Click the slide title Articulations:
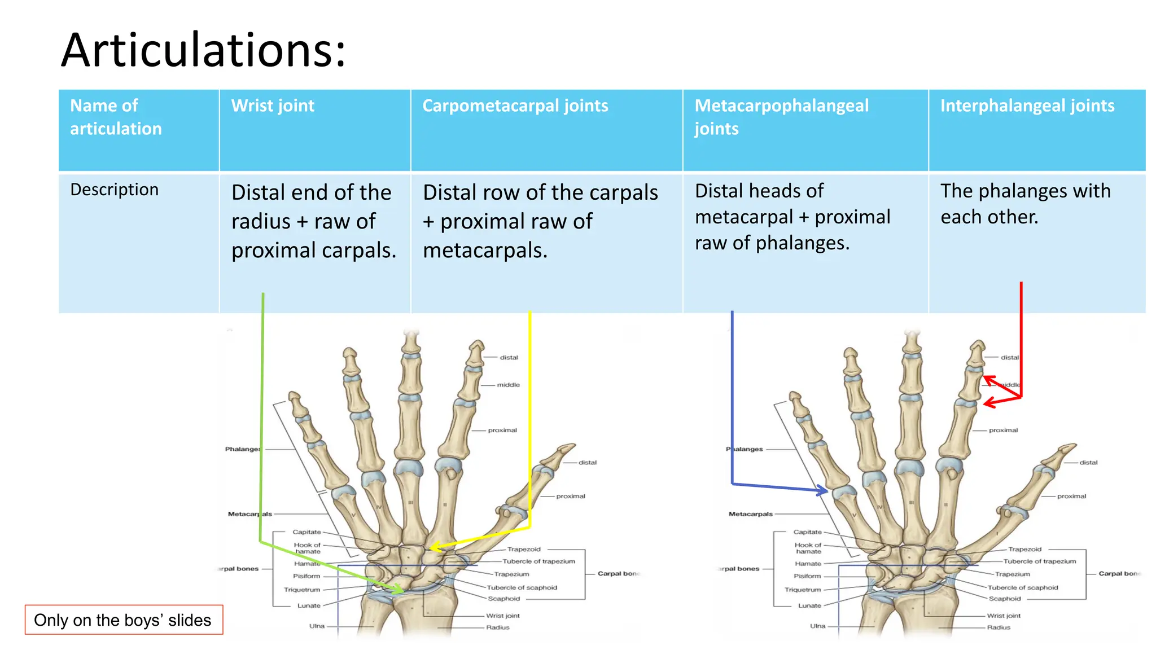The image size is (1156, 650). tap(203, 51)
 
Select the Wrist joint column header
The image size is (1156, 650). tap(273, 106)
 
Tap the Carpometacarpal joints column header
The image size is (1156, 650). tap(515, 106)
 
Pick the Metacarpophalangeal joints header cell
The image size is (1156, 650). tap(781, 117)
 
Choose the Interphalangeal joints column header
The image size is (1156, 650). tap(1027, 106)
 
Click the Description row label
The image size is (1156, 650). tap(114, 190)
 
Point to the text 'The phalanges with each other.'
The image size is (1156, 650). tap(1025, 204)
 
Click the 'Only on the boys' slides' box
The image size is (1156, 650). tap(123, 620)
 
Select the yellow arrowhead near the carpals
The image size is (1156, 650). tap(433, 547)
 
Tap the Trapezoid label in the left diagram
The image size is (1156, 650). tap(523, 549)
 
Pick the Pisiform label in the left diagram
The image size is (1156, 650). tap(306, 576)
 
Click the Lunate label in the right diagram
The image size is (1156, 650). tap(809, 605)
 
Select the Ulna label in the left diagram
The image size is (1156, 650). tap(317, 626)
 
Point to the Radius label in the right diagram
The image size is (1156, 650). tap(999, 627)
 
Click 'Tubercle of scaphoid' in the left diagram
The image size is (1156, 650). tap(522, 587)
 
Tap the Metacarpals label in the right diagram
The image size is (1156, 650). tap(750, 514)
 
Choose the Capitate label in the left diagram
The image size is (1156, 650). tap(306, 532)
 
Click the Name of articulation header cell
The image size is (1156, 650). tap(116, 117)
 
